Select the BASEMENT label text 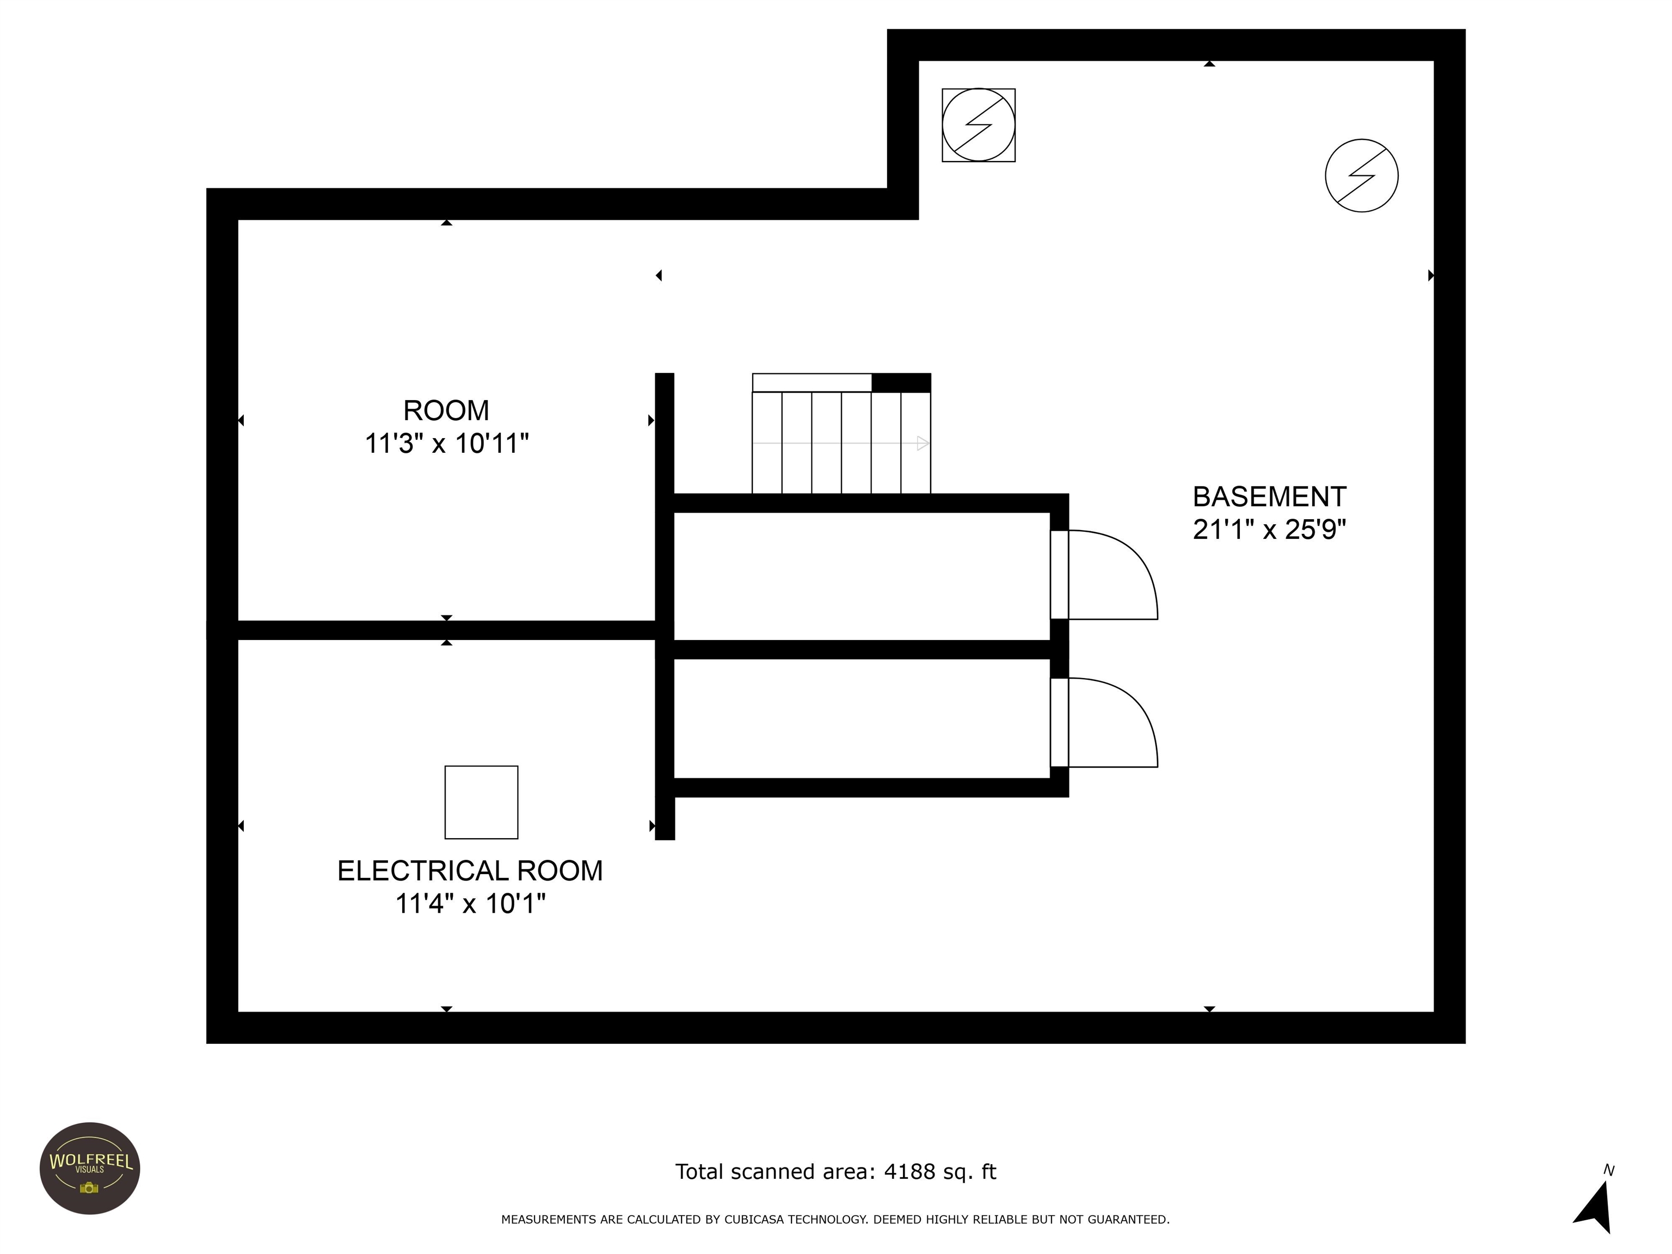[1269, 496]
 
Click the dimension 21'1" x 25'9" [1269, 529]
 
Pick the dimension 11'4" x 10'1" [470, 903]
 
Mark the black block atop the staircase [901, 383]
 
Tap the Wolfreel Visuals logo [90, 1168]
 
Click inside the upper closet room [862, 576]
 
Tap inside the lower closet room [862, 718]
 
